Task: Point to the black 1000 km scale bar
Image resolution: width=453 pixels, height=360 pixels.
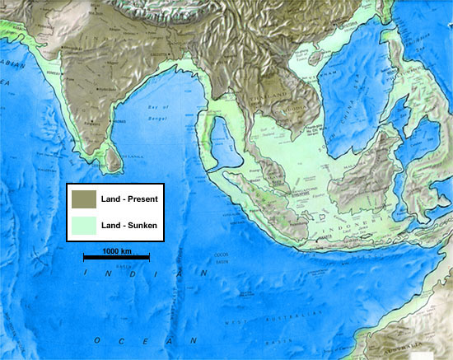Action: (x=116, y=258)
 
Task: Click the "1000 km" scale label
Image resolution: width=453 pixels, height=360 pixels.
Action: (x=116, y=250)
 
